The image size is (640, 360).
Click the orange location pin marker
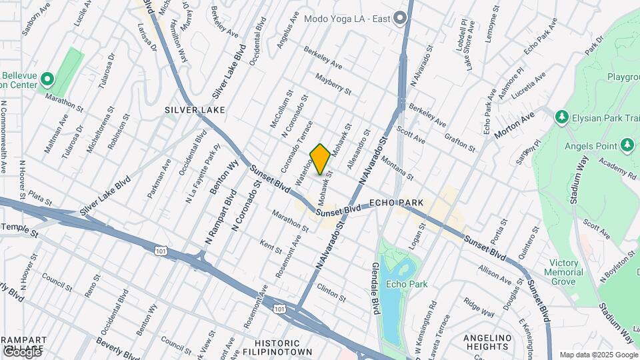(x=320, y=159)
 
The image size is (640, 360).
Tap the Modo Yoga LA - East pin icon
(x=400, y=18)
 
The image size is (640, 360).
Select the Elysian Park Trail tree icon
(x=561, y=118)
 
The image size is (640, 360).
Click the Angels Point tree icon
(x=627, y=145)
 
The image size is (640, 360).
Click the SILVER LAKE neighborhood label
(x=195, y=109)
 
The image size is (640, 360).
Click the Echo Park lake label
(x=406, y=285)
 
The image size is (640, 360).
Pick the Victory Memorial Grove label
(x=563, y=272)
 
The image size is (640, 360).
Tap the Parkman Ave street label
(x=159, y=178)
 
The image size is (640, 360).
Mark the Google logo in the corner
(x=21, y=351)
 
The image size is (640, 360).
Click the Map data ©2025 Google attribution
(x=598, y=355)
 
